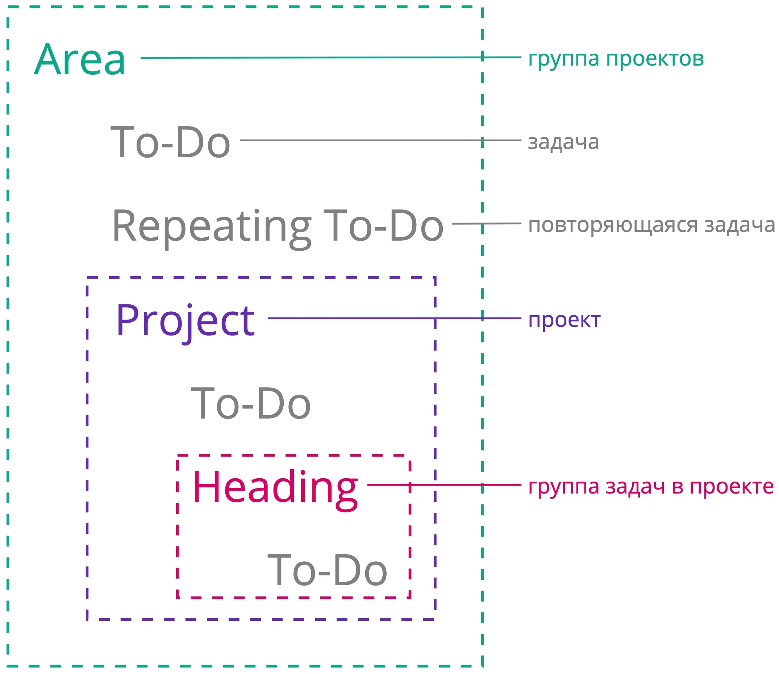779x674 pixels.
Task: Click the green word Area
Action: (x=79, y=59)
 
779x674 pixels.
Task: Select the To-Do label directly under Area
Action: (x=170, y=142)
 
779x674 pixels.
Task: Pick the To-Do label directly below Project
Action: (x=251, y=404)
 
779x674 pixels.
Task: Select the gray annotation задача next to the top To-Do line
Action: (x=563, y=143)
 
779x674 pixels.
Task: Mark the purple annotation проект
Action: (x=564, y=321)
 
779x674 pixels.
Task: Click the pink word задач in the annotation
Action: (x=635, y=488)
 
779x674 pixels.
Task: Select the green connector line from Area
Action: (x=331, y=58)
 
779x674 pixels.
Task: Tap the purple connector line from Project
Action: (x=395, y=318)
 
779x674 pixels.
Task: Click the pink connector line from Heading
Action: (x=444, y=485)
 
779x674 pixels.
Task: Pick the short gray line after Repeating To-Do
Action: (x=487, y=224)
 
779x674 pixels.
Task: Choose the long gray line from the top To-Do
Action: (x=381, y=140)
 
